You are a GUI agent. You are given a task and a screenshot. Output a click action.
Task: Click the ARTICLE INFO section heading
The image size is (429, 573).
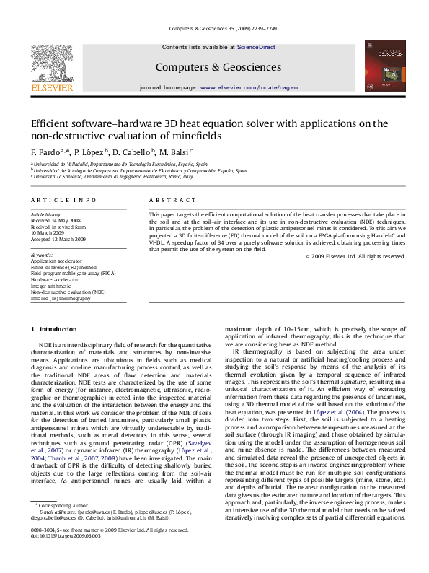pyautogui.click(x=63, y=200)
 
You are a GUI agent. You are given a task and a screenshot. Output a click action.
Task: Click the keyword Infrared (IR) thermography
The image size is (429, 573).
pyautogui.click(x=61, y=297)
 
